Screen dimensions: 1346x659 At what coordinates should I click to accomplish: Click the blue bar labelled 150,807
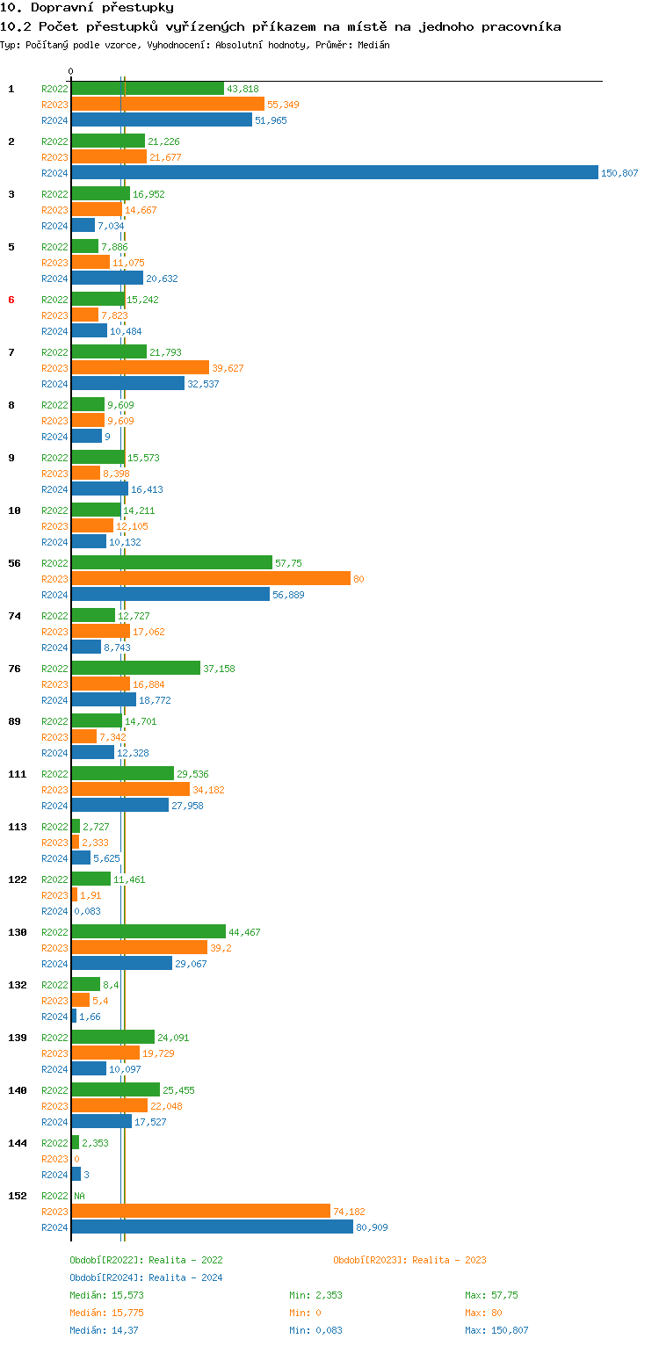(334, 173)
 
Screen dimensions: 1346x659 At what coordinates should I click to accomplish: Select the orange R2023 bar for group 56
(211, 578)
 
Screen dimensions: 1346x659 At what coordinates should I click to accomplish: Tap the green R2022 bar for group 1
(148, 89)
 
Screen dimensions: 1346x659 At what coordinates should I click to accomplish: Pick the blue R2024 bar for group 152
(212, 1227)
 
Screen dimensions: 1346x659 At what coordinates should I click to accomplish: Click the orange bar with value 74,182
(200, 1211)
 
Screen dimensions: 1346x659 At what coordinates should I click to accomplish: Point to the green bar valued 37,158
(135, 668)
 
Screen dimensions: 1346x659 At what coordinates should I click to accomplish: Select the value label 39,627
(228, 368)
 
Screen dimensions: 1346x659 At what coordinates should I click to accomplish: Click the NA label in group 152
(79, 1196)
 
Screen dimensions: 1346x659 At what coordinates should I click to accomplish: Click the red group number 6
(11, 300)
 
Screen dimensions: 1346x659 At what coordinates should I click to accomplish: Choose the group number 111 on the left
(17, 774)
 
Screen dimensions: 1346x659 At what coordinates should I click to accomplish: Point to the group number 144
(17, 1143)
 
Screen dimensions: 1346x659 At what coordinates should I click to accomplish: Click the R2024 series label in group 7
(54, 384)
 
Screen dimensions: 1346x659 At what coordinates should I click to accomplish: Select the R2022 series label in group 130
(54, 932)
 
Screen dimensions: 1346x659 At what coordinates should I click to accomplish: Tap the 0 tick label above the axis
(71, 71)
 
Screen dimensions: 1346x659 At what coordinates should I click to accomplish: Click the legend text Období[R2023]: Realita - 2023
(409, 1260)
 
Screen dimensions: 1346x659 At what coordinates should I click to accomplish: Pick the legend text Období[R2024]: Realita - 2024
(146, 1277)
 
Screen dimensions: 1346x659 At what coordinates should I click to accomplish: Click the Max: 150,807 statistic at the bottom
(496, 1330)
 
